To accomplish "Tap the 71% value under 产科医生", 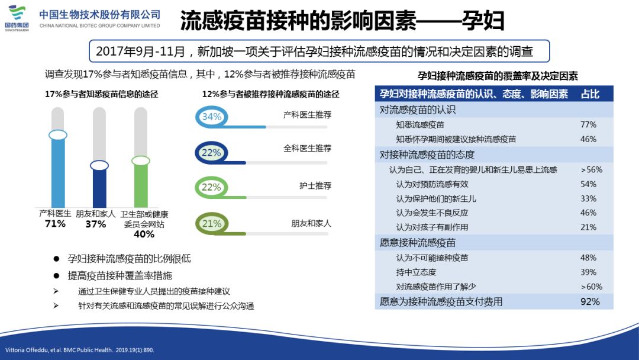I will coord(55,224).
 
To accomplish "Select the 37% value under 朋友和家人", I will coord(95,224).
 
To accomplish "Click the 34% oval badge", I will coord(211,117).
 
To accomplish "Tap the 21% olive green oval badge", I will coord(211,223).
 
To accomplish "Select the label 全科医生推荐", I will coord(307,149).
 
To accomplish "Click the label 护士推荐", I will coord(315,185).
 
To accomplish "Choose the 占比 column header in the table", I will coord(590,94).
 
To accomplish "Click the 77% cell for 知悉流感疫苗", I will coord(588,125).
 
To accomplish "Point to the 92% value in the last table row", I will coord(590,301).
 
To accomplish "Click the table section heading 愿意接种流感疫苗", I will coord(418,243).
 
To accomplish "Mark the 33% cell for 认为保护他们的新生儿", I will coord(588,198).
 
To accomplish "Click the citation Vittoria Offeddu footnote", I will coord(79,350).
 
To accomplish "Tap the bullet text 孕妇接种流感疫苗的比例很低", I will coord(129,259).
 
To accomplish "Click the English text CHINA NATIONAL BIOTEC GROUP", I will coord(100,25).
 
